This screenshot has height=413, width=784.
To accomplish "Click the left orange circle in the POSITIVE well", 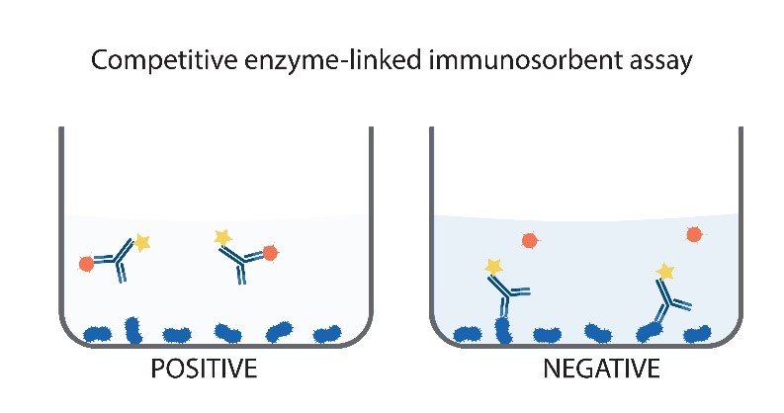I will (x=87, y=263).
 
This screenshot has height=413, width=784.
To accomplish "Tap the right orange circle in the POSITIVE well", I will (x=268, y=252).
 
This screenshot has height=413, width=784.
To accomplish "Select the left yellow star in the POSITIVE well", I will (x=142, y=242).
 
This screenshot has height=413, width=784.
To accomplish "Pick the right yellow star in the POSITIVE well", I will (x=222, y=237).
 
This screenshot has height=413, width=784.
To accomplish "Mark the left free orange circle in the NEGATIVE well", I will (x=530, y=240).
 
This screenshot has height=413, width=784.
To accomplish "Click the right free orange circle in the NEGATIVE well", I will (x=694, y=234).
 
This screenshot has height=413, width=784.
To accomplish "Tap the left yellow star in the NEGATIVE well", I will (x=492, y=266).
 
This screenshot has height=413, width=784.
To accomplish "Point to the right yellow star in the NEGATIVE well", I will (x=665, y=270).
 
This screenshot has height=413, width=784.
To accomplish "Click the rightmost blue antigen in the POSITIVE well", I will (x=327, y=335).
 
